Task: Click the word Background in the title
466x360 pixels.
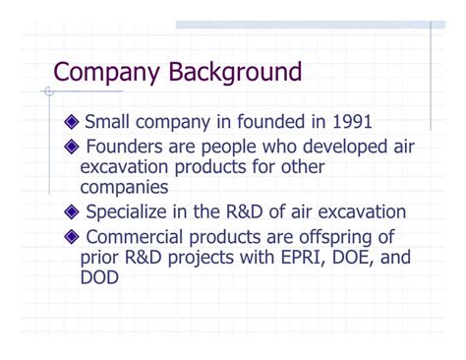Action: (x=236, y=72)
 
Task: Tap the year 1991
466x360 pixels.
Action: (x=349, y=122)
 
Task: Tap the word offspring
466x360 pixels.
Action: (x=330, y=237)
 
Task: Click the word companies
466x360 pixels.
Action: (x=124, y=186)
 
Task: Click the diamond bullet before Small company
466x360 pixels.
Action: (x=70, y=123)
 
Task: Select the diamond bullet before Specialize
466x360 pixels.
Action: (x=70, y=212)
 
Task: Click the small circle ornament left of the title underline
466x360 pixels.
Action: (x=47, y=91)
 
